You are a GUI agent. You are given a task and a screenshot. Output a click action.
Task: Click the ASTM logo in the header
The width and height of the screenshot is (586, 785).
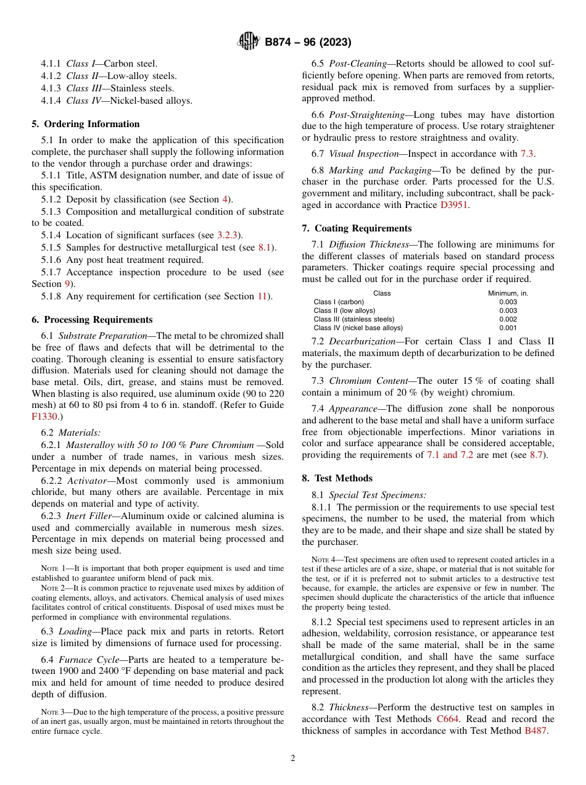(x=249, y=42)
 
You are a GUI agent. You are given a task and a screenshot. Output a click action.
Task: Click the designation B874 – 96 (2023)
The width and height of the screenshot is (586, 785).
(x=308, y=43)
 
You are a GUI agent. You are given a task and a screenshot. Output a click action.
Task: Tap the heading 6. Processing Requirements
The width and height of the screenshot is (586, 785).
(x=92, y=320)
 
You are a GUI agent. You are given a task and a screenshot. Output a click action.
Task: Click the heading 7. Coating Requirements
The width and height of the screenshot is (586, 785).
(x=357, y=228)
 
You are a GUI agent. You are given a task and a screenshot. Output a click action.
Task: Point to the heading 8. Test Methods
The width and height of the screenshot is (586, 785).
(x=337, y=478)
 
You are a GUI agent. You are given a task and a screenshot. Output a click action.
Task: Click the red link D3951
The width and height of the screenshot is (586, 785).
(x=454, y=205)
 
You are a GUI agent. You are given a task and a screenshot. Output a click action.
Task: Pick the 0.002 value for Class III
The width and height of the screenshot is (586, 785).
(x=508, y=319)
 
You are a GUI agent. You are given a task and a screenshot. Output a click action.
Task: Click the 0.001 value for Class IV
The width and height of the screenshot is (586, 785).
(x=508, y=328)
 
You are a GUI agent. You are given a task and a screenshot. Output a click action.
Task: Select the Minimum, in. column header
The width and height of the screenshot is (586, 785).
(x=508, y=293)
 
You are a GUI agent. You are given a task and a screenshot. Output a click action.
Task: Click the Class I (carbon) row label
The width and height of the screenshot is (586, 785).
(x=339, y=302)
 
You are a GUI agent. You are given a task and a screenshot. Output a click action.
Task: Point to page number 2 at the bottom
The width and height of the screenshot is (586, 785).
(x=293, y=758)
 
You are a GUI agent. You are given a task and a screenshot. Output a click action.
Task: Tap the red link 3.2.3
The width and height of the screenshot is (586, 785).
(x=229, y=235)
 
